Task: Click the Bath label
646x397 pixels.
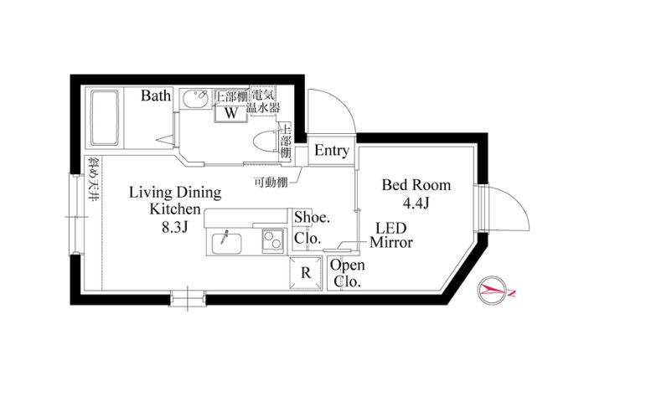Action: [x=156, y=95]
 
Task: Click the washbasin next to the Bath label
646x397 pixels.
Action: [x=195, y=106]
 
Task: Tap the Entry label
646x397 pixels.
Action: [x=331, y=151]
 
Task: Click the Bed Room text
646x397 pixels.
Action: [x=416, y=184]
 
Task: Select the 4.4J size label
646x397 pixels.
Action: [x=416, y=203]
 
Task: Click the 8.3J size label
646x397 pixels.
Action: [x=174, y=225]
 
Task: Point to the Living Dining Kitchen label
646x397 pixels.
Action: [x=174, y=201]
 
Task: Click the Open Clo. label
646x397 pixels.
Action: [x=346, y=274]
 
